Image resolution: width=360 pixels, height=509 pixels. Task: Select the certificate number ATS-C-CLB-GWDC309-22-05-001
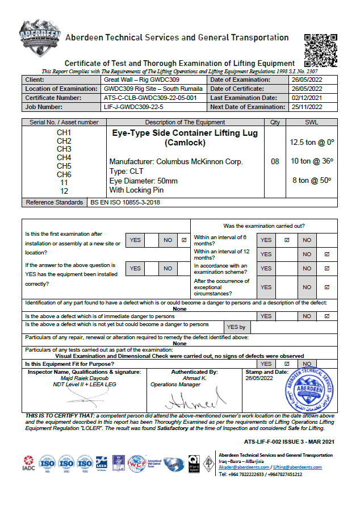[150, 98]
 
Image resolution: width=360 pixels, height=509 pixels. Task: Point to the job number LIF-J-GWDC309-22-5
[133, 106]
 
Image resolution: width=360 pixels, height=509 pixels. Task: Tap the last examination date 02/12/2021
[306, 98]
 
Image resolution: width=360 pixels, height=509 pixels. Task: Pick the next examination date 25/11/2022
[306, 106]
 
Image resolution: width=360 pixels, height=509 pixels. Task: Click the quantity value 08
[275, 161]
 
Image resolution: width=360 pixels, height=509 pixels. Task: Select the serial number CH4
[64, 157]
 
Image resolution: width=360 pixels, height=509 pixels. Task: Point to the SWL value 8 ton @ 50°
[312, 181]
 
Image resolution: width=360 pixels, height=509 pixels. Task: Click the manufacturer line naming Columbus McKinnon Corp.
[176, 161]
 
